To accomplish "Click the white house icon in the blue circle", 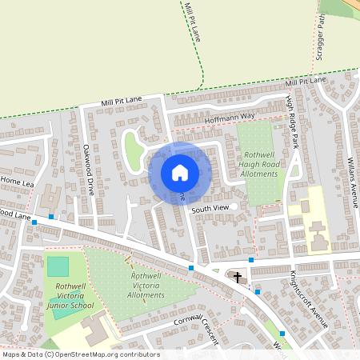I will click(x=180, y=172).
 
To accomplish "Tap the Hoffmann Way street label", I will click(x=229, y=117).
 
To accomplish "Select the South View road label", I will click(x=210, y=208).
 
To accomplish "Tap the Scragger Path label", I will click(x=322, y=33).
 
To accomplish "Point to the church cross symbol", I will click(x=237, y=277).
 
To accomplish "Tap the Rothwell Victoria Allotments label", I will click(x=147, y=285).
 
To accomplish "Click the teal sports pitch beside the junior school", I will click(x=58, y=266).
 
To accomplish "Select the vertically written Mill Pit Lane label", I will click(x=192, y=22).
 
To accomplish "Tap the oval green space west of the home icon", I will click(x=133, y=147).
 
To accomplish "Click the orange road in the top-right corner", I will click(x=352, y=4).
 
